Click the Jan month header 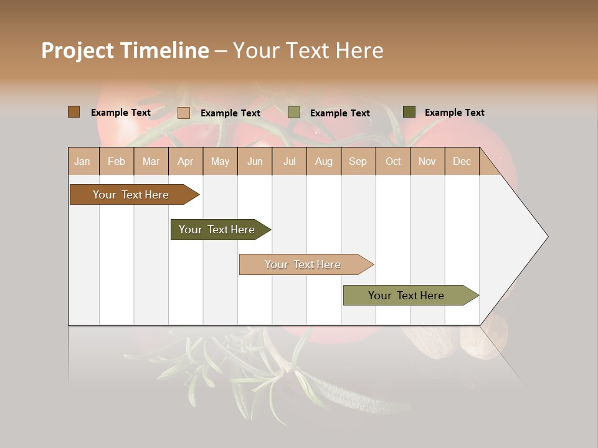point(82,161)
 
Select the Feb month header point(116,161)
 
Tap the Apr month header point(185,161)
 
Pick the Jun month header point(255,161)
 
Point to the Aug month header point(323,161)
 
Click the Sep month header point(358,161)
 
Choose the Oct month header point(393,161)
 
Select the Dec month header point(462,161)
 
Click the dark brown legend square point(74,112)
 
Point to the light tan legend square point(184,113)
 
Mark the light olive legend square point(294,113)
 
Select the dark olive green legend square point(409,112)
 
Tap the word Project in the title point(77,50)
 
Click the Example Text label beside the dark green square point(454,113)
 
